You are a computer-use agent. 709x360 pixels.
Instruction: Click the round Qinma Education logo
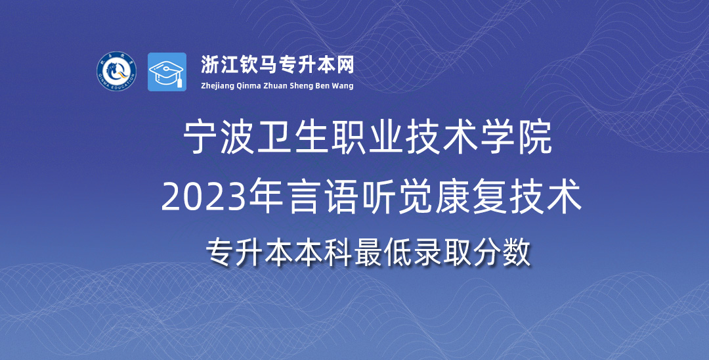(117, 72)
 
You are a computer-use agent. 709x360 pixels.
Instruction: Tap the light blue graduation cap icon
(167, 72)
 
